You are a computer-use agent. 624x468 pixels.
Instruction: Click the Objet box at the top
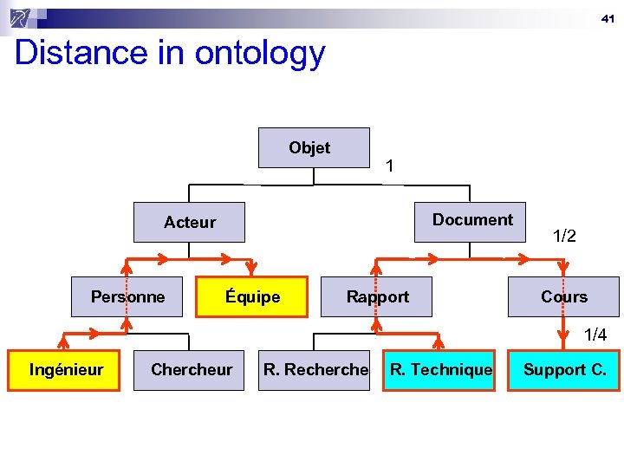(x=314, y=148)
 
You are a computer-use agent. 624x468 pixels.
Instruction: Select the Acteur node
(x=189, y=223)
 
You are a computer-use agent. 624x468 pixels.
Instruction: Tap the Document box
(x=472, y=220)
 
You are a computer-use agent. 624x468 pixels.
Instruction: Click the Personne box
(x=127, y=297)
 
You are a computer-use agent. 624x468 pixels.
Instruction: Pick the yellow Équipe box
(x=252, y=297)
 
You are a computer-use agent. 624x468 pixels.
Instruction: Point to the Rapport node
(x=377, y=297)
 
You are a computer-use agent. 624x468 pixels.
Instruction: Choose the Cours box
(x=563, y=297)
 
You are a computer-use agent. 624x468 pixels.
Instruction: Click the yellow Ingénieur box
(x=65, y=370)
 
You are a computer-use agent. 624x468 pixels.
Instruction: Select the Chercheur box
(x=191, y=370)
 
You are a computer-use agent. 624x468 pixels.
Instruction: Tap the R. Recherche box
(x=315, y=370)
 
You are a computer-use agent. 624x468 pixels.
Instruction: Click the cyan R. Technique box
(x=440, y=370)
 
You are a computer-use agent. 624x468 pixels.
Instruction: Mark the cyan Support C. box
(x=564, y=370)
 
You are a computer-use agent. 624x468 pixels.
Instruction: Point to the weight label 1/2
(x=564, y=236)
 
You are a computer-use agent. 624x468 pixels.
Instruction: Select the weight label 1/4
(x=595, y=335)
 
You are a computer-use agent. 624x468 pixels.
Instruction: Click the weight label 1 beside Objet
(x=390, y=166)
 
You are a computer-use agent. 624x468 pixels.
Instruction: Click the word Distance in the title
(x=69, y=53)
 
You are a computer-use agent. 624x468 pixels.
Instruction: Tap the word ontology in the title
(x=259, y=55)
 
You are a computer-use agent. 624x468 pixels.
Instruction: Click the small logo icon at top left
(x=23, y=16)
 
